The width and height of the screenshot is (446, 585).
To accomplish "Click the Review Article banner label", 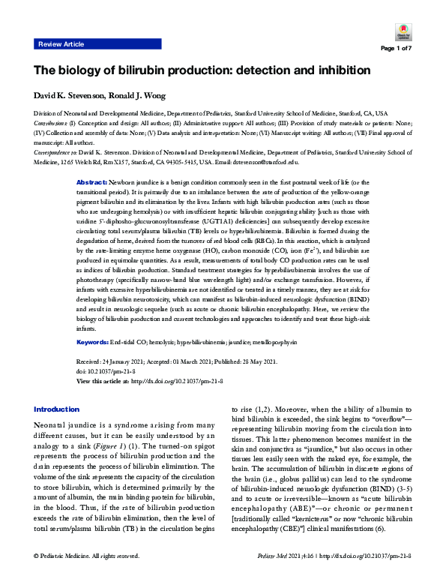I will click(x=61, y=44).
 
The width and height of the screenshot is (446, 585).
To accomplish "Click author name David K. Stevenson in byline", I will click(x=65, y=95).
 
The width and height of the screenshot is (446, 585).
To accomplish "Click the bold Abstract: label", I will click(x=115, y=183).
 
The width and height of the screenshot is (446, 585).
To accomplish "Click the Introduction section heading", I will click(x=57, y=409).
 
